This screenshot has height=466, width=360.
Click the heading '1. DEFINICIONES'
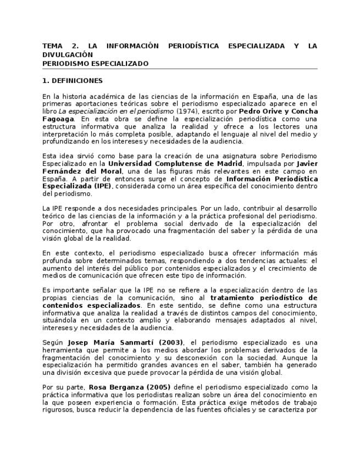[72, 81]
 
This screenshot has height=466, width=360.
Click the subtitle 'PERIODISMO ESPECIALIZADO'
[95, 63]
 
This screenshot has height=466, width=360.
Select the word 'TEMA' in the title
[52, 46]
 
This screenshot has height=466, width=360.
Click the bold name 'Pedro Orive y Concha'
[278, 111]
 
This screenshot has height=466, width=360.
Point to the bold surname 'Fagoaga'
[58, 118]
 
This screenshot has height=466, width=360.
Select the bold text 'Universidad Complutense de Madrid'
[175, 163]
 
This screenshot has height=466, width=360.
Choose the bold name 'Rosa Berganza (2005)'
[130, 387]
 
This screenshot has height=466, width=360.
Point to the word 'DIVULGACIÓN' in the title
[68, 55]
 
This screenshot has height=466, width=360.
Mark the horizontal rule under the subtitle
[180, 69]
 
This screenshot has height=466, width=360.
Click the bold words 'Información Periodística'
[272, 179]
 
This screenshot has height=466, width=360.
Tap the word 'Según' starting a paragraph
[53, 342]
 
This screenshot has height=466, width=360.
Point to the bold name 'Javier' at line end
[307, 163]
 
